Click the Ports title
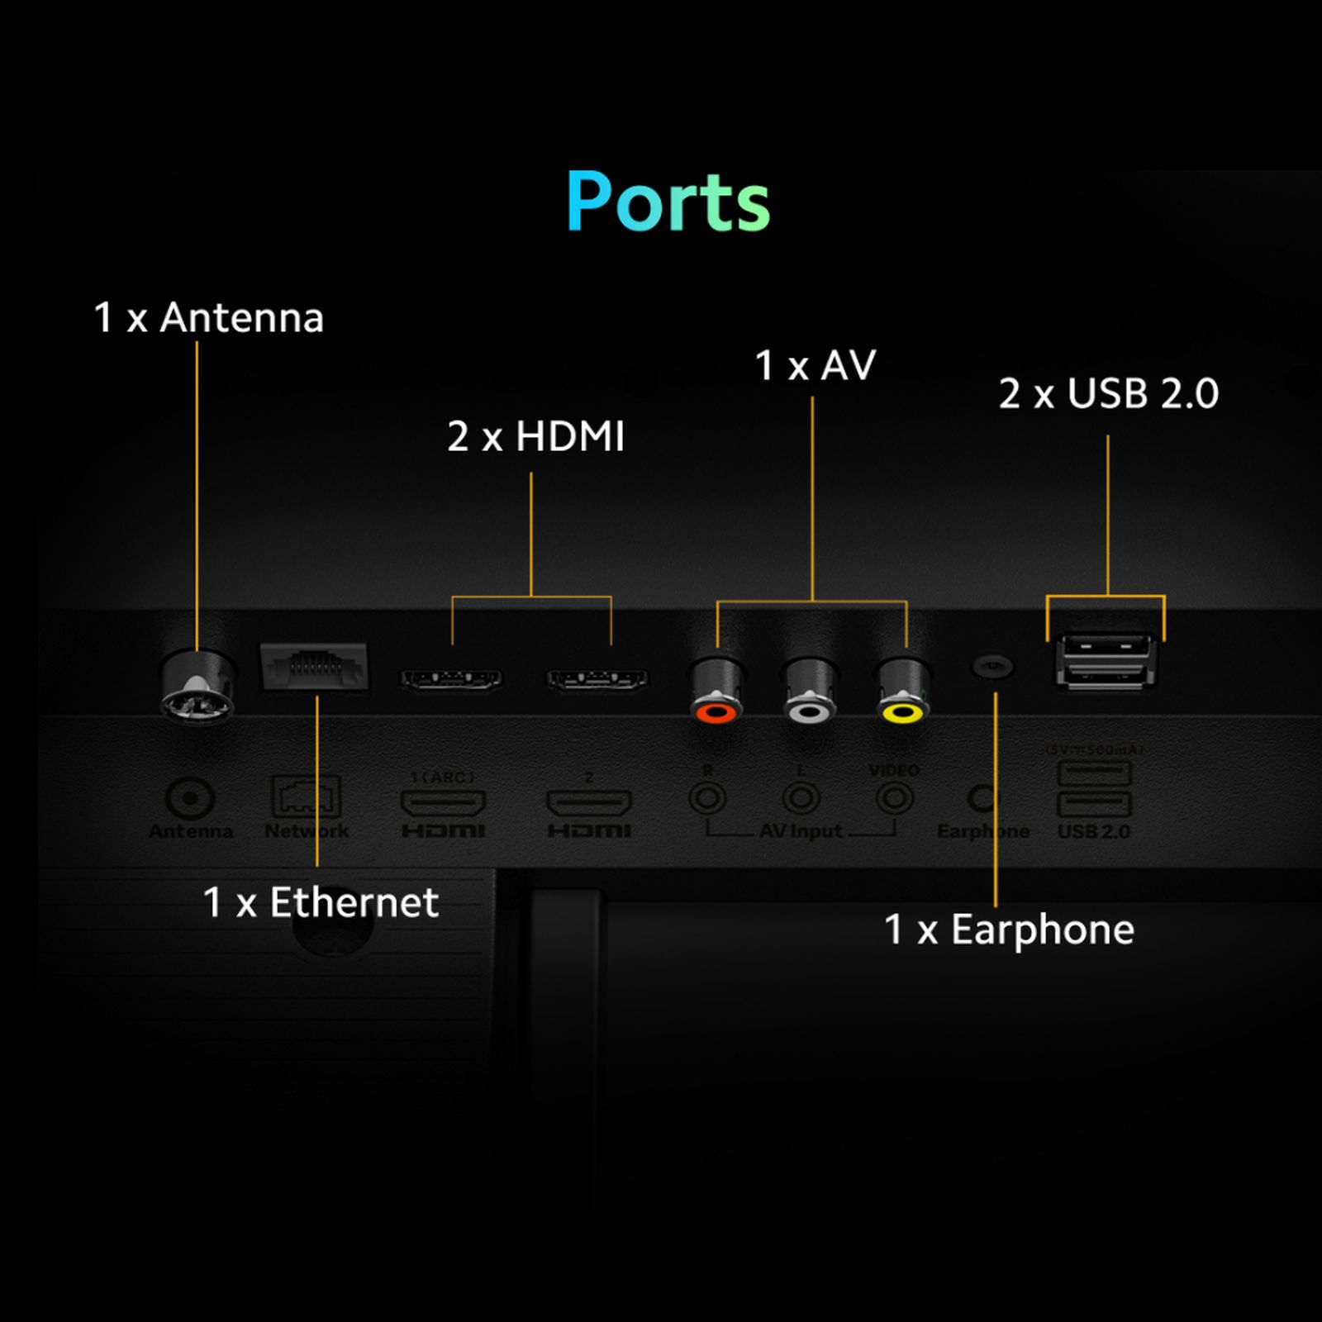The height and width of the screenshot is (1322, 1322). (x=668, y=202)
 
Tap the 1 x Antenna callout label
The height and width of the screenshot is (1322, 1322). (x=208, y=318)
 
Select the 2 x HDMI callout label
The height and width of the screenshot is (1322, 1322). (x=535, y=436)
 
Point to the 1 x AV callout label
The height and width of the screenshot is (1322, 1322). (x=815, y=365)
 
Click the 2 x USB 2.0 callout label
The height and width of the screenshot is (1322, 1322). (x=1108, y=393)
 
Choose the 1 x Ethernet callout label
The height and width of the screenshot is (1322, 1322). (x=321, y=902)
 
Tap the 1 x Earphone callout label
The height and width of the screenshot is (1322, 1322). (x=1009, y=930)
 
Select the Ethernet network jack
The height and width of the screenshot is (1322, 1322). (x=314, y=666)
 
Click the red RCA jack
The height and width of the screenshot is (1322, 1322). (x=716, y=690)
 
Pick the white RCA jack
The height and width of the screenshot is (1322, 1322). (x=810, y=690)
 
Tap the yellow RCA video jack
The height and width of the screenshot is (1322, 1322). (x=902, y=690)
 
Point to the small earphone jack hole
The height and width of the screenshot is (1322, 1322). (x=992, y=665)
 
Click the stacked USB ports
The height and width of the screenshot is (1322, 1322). (x=1105, y=660)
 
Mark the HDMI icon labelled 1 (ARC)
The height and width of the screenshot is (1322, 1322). (x=443, y=801)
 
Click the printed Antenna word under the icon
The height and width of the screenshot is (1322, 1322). (x=191, y=831)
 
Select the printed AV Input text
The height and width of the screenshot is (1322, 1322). (x=801, y=831)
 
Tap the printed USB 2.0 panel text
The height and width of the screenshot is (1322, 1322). (x=1094, y=831)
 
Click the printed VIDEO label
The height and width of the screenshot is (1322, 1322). (x=894, y=771)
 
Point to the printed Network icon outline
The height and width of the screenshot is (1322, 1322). (x=306, y=796)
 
